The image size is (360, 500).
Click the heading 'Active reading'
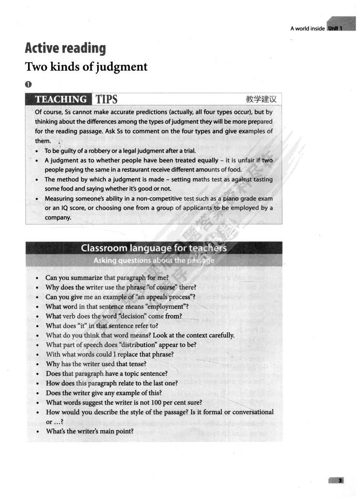[65, 48]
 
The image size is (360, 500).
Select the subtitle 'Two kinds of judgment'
[86, 67]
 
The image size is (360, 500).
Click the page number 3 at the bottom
[339, 481]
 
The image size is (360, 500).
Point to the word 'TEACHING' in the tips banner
[61, 99]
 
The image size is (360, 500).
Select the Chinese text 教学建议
[262, 99]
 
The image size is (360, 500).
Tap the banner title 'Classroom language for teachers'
[154, 248]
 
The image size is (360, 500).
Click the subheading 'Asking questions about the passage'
[154, 261]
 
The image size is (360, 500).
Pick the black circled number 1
[28, 84]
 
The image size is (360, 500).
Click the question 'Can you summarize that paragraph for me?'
[107, 278]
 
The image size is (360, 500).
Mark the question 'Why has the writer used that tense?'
[96, 364]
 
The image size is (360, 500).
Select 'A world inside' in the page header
[307, 29]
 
